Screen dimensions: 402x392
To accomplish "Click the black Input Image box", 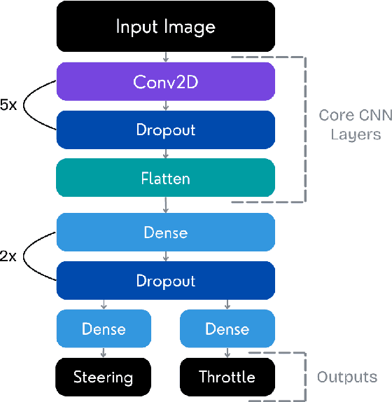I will pyautogui.click(x=165, y=27).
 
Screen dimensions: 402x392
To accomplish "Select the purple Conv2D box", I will pyautogui.click(x=165, y=82).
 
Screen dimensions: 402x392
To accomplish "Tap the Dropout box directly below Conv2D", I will pyautogui.click(x=165, y=130).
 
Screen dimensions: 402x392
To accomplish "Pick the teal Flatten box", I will pyautogui.click(x=165, y=178).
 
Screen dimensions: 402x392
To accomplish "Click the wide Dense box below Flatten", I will pyautogui.click(x=165, y=233).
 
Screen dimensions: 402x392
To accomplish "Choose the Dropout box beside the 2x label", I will pyautogui.click(x=165, y=281).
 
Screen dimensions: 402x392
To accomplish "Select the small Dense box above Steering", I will pyautogui.click(x=104, y=328).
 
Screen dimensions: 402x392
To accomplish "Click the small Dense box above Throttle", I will pyautogui.click(x=227, y=328).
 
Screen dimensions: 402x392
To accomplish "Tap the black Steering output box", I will pyautogui.click(x=104, y=377).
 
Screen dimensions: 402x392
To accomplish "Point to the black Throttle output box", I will pyautogui.click(x=227, y=377).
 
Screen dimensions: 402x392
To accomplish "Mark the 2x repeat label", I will pyautogui.click(x=9, y=256).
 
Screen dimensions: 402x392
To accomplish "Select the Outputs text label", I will pyautogui.click(x=346, y=377).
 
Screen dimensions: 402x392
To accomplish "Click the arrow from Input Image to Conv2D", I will pyautogui.click(x=165, y=57).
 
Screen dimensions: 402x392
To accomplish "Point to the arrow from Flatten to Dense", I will pyautogui.click(x=165, y=205).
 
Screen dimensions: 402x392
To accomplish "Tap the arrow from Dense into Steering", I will pyautogui.click(x=104, y=353).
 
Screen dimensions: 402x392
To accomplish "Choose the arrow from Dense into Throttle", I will pyautogui.click(x=227, y=353).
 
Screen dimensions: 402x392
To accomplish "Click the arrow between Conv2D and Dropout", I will pyautogui.click(x=165, y=106).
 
